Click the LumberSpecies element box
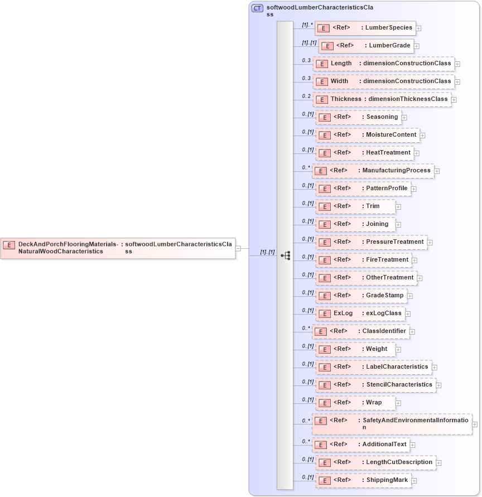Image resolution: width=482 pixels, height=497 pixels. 364,28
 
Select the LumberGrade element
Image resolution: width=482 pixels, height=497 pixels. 366,46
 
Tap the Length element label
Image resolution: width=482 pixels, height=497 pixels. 341,64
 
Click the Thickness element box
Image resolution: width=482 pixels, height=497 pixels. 382,99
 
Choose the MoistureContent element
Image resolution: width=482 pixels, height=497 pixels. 368,135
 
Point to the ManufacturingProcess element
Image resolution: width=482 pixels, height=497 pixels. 373,171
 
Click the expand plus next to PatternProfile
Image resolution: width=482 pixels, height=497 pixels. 414,189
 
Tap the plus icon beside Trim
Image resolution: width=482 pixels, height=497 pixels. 398,207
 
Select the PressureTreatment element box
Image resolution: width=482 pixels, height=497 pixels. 371,242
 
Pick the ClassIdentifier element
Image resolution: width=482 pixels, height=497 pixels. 361,331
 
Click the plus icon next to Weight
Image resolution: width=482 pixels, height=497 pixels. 398,350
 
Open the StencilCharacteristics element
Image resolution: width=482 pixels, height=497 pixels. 375,385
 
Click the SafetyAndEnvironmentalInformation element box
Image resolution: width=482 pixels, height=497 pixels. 392,424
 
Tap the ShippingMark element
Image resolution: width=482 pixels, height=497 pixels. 363,480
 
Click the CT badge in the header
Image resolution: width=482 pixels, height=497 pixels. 257,8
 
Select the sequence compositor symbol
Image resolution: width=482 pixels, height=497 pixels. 286,255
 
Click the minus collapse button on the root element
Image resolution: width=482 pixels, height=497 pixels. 238,248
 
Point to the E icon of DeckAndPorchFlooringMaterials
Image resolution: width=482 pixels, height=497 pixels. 9,245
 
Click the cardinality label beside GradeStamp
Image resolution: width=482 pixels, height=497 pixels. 308,292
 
